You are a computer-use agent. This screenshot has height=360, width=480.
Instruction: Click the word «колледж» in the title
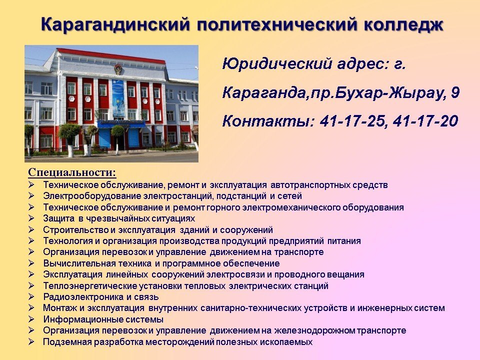404,24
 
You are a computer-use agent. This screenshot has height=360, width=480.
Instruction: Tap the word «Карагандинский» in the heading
115,25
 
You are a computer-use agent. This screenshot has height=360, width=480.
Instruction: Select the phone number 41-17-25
352,120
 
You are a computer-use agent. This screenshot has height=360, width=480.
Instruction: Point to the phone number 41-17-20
425,120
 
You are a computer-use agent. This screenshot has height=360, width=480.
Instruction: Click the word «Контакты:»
268,120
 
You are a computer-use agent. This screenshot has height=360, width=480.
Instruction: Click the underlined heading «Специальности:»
72,172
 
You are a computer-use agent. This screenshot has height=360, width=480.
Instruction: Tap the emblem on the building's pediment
118,69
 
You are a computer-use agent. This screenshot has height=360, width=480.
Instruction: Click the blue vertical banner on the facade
118,98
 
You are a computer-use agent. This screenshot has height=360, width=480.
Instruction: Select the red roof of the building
111,56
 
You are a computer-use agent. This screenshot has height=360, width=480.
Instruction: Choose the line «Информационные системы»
103,319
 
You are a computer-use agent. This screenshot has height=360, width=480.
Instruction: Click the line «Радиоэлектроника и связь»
100,297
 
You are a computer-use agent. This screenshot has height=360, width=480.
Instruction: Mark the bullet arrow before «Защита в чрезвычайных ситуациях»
31,218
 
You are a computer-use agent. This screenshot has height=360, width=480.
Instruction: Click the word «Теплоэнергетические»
90,286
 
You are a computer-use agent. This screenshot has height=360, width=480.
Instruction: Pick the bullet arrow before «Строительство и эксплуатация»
31,229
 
